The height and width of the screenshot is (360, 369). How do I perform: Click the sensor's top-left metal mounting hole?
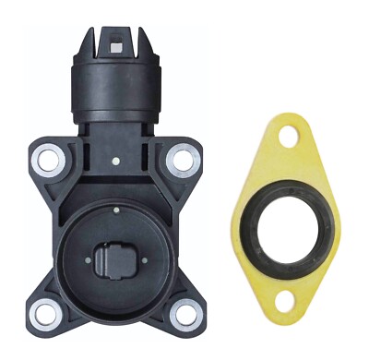click(45, 160)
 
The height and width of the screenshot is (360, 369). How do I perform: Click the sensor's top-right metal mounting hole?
click(183, 160)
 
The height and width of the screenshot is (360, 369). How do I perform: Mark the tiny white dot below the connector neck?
click(114, 161)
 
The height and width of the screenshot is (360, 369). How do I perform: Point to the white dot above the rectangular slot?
click(115, 210)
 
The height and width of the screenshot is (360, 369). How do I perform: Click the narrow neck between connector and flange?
click(115, 126)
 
